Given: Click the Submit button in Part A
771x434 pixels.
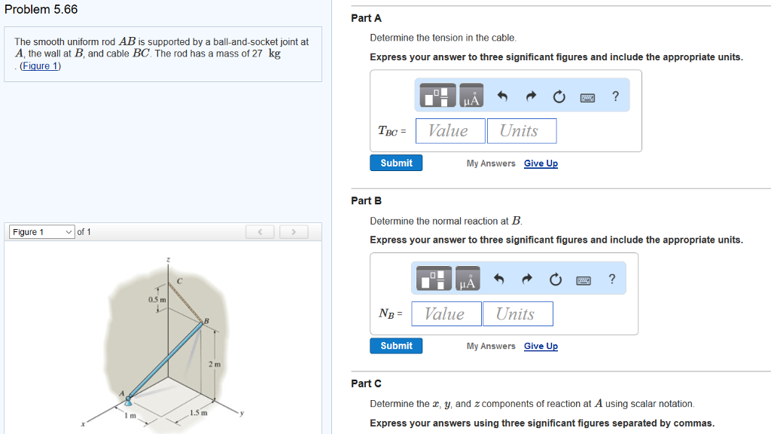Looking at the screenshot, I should tap(396, 163).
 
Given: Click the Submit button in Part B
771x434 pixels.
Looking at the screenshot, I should tap(396, 346).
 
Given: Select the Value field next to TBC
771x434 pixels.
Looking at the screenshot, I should tap(449, 131).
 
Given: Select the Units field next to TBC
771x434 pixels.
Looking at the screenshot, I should tap(521, 131).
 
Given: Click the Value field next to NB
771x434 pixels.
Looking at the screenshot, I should tap(446, 314).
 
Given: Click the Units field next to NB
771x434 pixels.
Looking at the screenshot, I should tap(517, 314).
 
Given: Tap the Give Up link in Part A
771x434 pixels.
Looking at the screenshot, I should tap(541, 164).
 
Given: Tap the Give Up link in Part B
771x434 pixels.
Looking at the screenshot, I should tap(541, 347).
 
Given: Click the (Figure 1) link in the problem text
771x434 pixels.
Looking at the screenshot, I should tap(41, 66).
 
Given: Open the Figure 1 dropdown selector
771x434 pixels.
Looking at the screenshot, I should tap(41, 232).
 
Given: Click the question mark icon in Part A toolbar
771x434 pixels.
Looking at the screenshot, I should tap(616, 96).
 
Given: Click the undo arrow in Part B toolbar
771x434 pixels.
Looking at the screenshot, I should tap(498, 280).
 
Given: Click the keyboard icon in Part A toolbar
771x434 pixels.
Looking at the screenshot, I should tap(587, 97).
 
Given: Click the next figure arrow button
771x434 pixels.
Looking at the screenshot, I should tap(294, 232).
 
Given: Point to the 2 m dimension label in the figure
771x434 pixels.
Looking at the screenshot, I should tap(214, 365).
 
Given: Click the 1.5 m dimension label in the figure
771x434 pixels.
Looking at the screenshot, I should tap(199, 412).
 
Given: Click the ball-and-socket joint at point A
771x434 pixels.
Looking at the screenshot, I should tap(129, 400).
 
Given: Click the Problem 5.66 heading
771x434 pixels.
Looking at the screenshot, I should tap(41, 10).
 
